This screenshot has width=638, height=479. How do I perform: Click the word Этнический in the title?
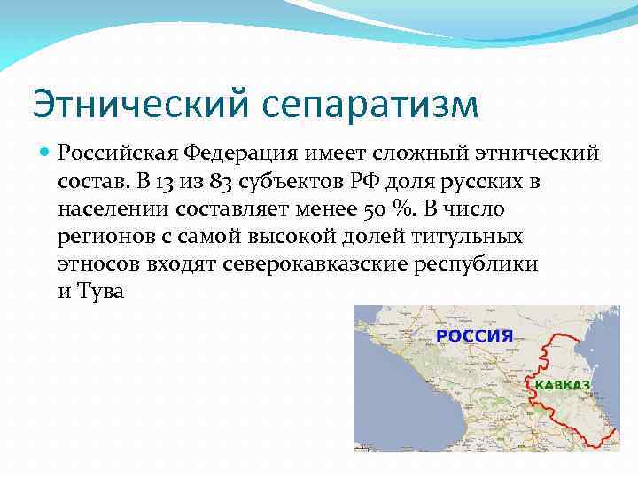140,104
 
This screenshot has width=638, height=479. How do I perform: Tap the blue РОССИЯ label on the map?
475,336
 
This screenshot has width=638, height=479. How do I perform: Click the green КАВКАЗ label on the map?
563,386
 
